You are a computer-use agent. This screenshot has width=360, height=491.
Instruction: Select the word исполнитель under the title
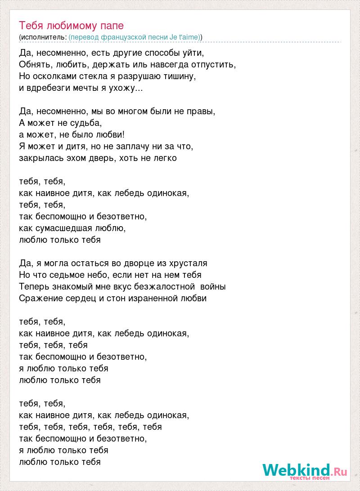(x=44, y=36)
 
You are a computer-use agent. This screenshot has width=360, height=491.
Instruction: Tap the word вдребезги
(x=49, y=88)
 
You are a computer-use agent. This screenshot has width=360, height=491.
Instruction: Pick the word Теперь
(x=35, y=286)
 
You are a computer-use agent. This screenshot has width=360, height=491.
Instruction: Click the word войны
(x=213, y=286)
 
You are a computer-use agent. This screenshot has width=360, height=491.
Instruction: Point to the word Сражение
(x=40, y=298)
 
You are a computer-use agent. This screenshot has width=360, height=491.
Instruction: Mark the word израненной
(x=157, y=298)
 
